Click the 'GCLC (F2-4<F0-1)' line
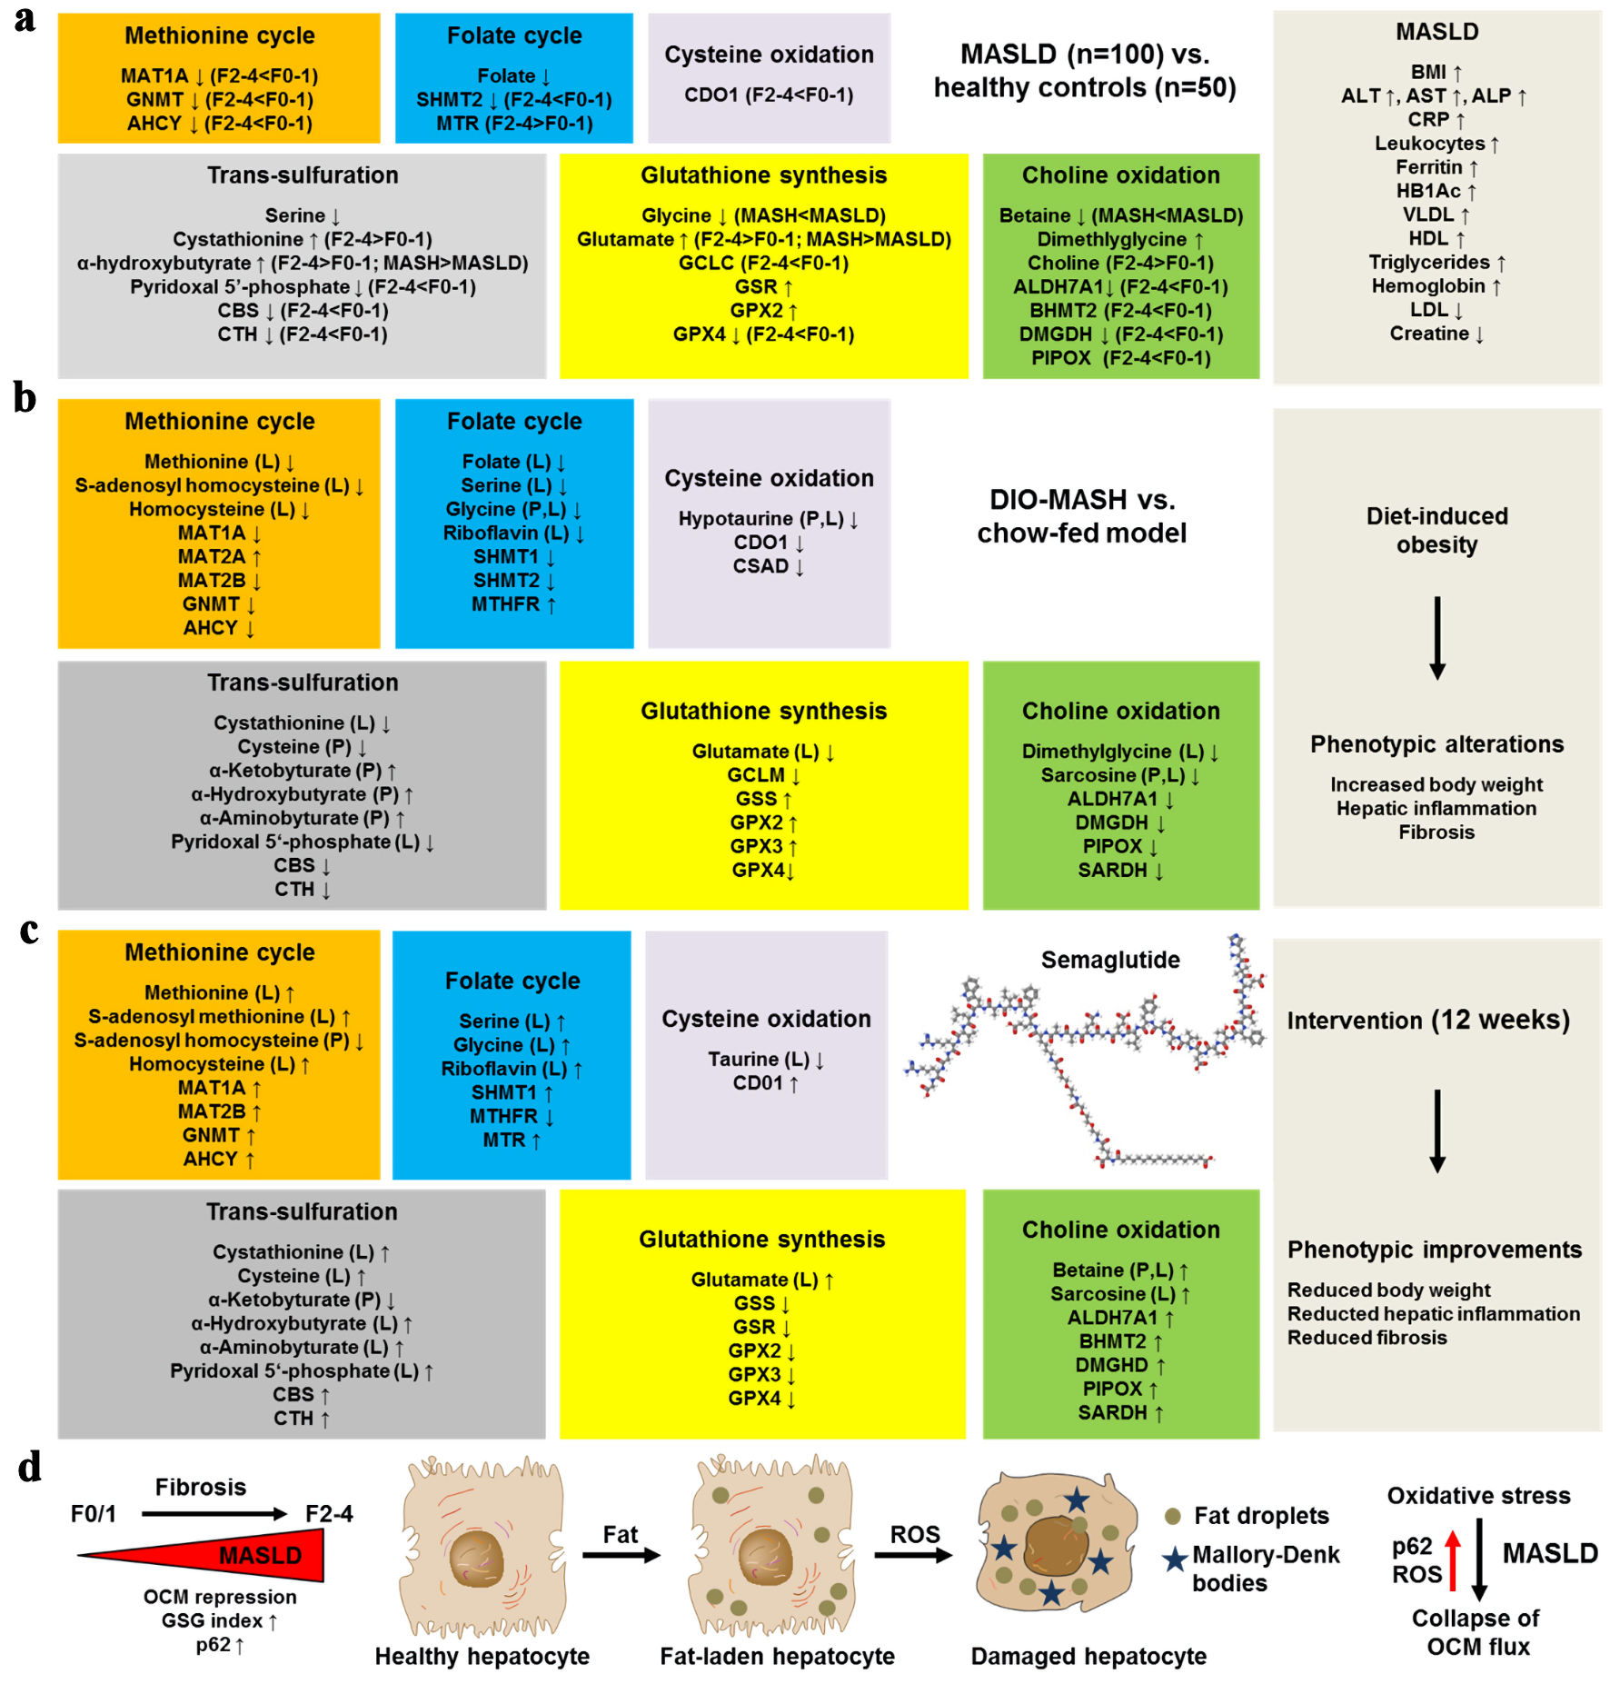click(x=763, y=263)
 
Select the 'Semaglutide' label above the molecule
click(x=1110, y=960)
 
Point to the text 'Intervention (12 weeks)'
click(x=1428, y=1020)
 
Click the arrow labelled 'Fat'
click(x=621, y=1555)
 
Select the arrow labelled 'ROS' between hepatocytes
click(x=913, y=1555)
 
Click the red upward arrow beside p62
click(x=1453, y=1560)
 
